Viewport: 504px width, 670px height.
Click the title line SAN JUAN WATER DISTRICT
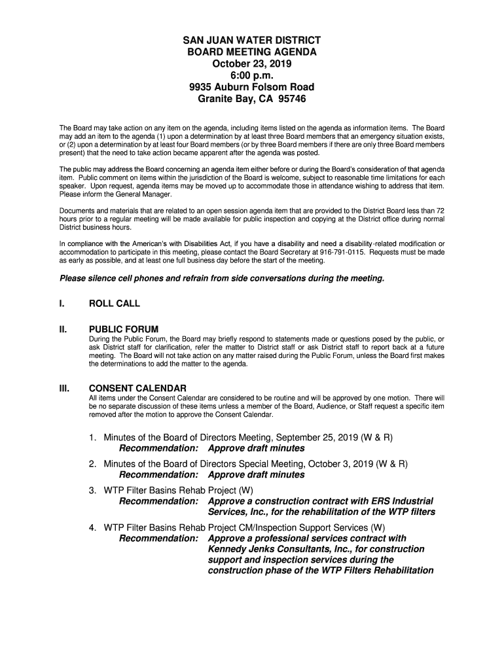(x=252, y=41)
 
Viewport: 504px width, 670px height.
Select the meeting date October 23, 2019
(x=252, y=64)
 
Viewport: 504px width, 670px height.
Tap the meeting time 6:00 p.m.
(x=252, y=76)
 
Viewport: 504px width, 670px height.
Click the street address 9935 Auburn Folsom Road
(x=252, y=88)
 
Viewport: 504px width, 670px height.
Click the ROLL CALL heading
(x=115, y=304)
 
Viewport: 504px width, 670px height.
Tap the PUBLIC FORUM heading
(x=124, y=329)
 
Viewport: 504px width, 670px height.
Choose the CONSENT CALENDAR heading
(x=137, y=388)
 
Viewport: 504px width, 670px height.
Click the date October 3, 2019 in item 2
(x=340, y=464)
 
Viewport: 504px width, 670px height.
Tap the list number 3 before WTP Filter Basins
(x=92, y=490)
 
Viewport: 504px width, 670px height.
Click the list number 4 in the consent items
(x=92, y=527)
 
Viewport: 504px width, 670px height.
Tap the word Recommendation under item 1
(x=158, y=448)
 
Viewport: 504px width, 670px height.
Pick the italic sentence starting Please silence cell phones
(x=222, y=278)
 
